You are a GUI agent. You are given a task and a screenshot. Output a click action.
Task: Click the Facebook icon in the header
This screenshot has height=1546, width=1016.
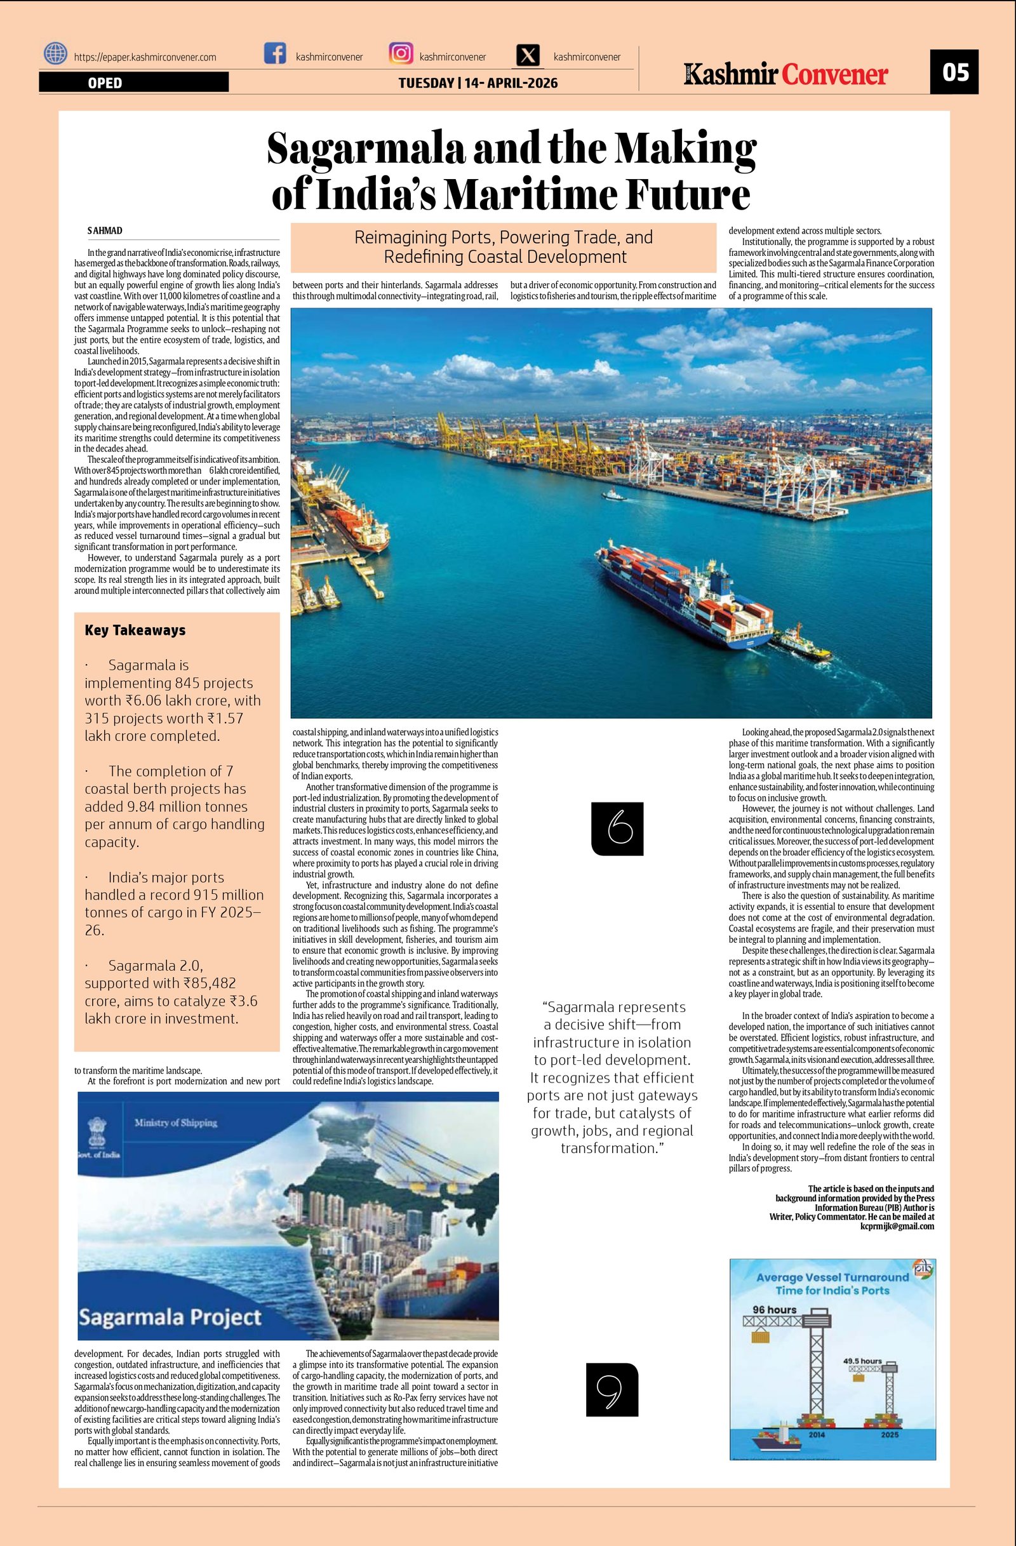pyautogui.click(x=275, y=53)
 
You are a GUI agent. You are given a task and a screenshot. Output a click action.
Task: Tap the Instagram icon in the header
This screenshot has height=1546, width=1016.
pyautogui.click(x=401, y=53)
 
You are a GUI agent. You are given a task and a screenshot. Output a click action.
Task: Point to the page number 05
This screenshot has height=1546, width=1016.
pyautogui.click(x=954, y=72)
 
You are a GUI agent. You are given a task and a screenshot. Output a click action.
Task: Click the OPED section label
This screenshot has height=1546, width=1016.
pyautogui.click(x=105, y=83)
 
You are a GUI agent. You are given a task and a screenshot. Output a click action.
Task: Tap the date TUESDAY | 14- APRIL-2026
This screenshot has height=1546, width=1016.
pyautogui.click(x=478, y=83)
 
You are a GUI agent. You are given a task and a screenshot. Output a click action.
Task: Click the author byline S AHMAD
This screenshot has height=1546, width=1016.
pyautogui.click(x=105, y=231)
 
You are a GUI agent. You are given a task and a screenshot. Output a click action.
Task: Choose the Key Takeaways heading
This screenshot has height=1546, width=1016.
pyautogui.click(x=135, y=630)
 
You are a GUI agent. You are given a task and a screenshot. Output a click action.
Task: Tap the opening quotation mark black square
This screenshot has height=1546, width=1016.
pyautogui.click(x=617, y=829)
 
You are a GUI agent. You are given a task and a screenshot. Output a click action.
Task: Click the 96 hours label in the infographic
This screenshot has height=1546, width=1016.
pyautogui.click(x=773, y=1310)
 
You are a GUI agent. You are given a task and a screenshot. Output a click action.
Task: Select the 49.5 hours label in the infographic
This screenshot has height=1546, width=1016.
pyautogui.click(x=862, y=1360)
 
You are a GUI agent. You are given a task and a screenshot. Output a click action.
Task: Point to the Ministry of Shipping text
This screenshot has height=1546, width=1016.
pyautogui.click(x=176, y=1123)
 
